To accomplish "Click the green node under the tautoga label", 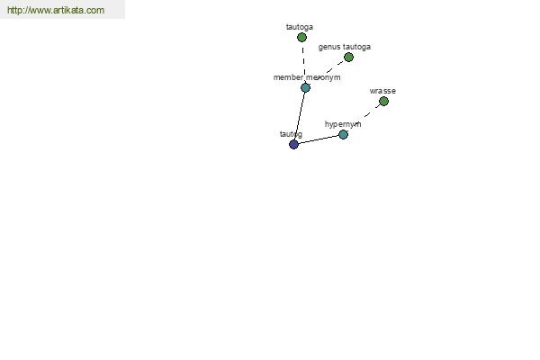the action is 301,37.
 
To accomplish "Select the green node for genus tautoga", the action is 348,58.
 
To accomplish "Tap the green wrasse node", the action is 383,102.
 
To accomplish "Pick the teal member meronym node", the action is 305,87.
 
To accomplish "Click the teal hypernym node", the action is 344,134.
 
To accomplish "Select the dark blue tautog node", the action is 293,144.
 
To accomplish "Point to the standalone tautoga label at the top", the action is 300,27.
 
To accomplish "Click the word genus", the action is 329,47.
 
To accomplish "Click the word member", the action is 288,77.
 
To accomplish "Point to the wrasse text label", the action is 382,91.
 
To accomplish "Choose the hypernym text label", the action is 343,124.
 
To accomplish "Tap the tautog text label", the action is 291,134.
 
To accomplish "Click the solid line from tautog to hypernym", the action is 319,139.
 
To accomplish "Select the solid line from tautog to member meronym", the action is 300,116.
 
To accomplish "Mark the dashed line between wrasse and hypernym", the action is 368,113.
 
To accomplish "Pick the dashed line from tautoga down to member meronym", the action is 303,62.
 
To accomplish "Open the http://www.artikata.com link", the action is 56,10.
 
